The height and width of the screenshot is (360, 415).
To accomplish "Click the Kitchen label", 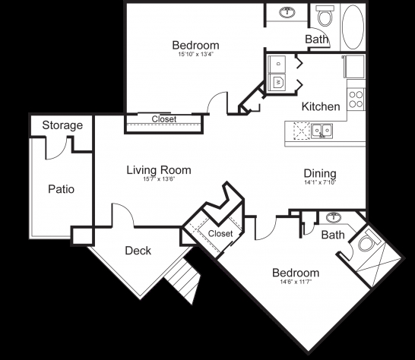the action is pyautogui.click(x=321, y=106).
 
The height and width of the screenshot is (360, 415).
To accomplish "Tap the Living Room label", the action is pyautogui.click(x=159, y=170).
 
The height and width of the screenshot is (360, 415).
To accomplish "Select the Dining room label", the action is pyautogui.click(x=320, y=174).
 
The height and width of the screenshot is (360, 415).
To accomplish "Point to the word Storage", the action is pyautogui.click(x=62, y=125).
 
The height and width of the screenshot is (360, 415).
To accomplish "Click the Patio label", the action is pyautogui.click(x=61, y=189).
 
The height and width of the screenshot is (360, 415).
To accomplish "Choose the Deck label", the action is pyautogui.click(x=138, y=251).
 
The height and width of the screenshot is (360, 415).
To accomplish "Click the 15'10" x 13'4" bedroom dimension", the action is pyautogui.click(x=195, y=55).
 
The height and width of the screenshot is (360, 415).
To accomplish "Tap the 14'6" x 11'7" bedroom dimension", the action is pyautogui.click(x=296, y=282).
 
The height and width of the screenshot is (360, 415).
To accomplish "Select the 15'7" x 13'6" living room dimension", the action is pyautogui.click(x=159, y=179).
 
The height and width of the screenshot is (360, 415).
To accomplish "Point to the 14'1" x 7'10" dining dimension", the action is pyautogui.click(x=320, y=182).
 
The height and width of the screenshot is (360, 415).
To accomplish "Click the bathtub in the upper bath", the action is pyautogui.click(x=353, y=27).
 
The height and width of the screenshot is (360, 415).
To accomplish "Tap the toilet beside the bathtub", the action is pyautogui.click(x=325, y=16).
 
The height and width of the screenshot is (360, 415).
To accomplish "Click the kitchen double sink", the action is pyautogui.click(x=322, y=131).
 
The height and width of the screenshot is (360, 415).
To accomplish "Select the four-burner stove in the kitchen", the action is pyautogui.click(x=356, y=99).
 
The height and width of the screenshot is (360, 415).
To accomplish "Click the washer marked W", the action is pyautogui.click(x=277, y=83).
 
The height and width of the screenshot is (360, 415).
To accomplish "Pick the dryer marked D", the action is pyautogui.click(x=277, y=64).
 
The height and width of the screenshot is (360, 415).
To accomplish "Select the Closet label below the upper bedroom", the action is pyautogui.click(x=164, y=119).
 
